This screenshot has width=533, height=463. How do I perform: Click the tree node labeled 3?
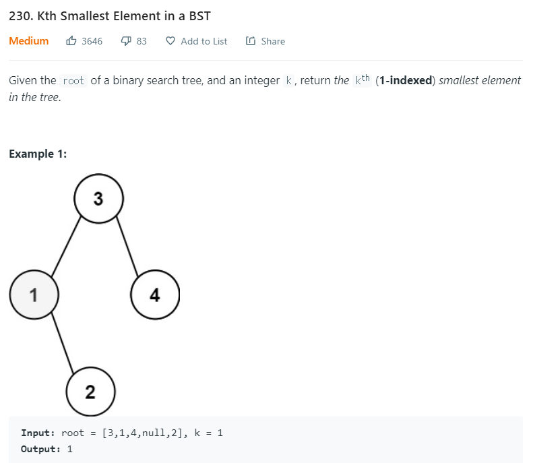pyautogui.click(x=98, y=199)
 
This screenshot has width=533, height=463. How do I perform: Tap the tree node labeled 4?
pyautogui.click(x=155, y=295)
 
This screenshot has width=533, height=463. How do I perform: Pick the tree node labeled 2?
pyautogui.click(x=91, y=392)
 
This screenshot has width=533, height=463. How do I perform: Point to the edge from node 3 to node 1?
pyautogui.click(x=66, y=247)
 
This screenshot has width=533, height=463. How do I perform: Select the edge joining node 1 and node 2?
pyautogui.click(x=63, y=343)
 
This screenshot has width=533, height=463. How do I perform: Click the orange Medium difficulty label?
pyautogui.click(x=29, y=41)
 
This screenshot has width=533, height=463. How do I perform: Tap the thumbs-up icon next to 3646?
pyautogui.click(x=71, y=41)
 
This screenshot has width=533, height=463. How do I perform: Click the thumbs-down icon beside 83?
pyautogui.click(x=126, y=41)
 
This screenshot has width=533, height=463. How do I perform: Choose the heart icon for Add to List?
pyautogui.click(x=170, y=41)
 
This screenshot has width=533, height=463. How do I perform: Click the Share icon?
pyautogui.click(x=251, y=41)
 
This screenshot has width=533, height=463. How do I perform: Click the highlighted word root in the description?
pyautogui.click(x=73, y=81)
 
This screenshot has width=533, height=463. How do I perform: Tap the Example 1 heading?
pyautogui.click(x=38, y=154)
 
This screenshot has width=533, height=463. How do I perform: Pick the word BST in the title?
pyautogui.click(x=199, y=16)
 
